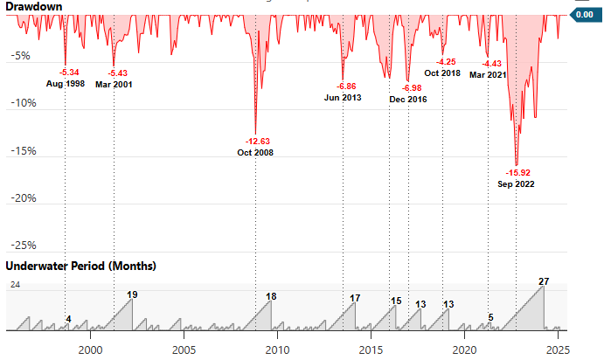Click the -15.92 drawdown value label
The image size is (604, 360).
516,172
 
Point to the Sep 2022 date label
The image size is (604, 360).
516,184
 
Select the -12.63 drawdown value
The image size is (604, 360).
255,141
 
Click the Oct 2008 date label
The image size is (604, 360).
255,153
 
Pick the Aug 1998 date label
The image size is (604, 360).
66,84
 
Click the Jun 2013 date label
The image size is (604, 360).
342,98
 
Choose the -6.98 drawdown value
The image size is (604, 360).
408,88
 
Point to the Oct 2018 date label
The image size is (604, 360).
442,73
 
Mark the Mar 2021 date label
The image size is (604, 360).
488,75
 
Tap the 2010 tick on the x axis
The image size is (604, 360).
276,349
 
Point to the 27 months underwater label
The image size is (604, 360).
544,281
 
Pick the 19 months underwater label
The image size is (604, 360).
132,295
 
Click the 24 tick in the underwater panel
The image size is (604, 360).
16,285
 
